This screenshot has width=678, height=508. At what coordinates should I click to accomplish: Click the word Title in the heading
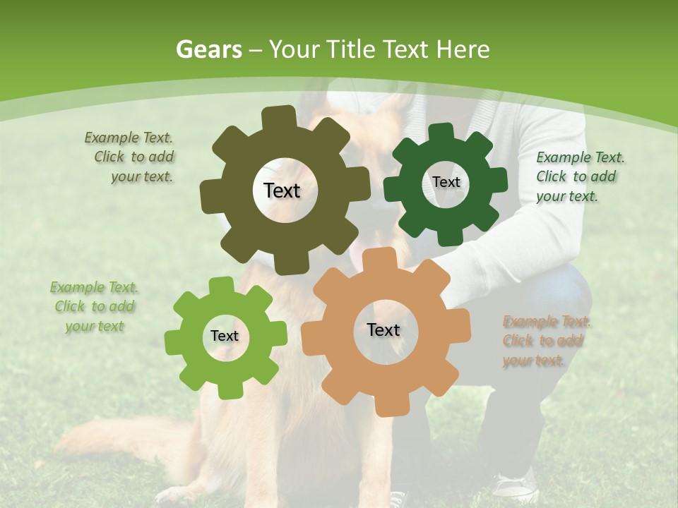click(x=353, y=49)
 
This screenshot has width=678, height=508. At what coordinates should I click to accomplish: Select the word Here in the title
click(x=463, y=49)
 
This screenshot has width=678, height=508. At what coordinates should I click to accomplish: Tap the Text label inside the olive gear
click(x=282, y=190)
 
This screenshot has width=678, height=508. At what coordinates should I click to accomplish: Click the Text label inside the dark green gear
click(x=446, y=182)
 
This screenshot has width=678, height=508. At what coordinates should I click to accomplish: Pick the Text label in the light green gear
click(x=225, y=337)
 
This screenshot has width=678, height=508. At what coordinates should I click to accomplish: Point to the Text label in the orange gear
click(x=383, y=329)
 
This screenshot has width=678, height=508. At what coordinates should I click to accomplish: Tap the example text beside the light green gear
click(x=95, y=307)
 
